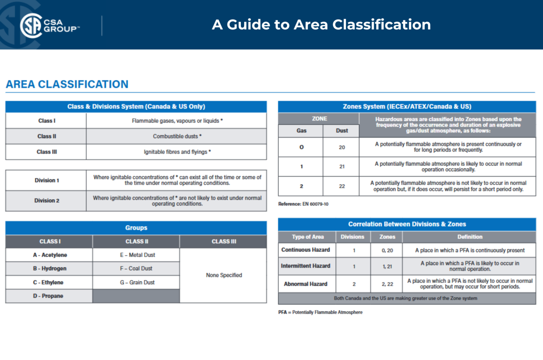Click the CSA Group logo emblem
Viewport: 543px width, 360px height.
(31, 25)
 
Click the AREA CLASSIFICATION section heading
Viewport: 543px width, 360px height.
(67, 84)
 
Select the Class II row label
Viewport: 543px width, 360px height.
(47, 136)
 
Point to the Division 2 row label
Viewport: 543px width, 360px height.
(47, 201)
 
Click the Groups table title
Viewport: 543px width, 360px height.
(136, 228)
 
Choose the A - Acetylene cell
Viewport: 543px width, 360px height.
(50, 255)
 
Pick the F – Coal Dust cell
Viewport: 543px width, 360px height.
(136, 268)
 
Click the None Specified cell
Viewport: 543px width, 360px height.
(224, 275)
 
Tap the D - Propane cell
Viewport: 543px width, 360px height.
(48, 296)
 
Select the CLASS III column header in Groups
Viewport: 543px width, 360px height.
(224, 242)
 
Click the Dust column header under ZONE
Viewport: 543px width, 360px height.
(341, 131)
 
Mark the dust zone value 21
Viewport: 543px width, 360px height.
(341, 167)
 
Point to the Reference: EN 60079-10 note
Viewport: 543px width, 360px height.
(303, 204)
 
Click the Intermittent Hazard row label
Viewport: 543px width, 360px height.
(306, 266)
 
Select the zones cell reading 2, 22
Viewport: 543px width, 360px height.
(387, 284)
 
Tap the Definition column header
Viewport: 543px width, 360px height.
(469, 237)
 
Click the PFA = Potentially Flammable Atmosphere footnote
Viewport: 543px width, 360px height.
(320, 312)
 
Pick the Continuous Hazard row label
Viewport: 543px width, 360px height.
(306, 250)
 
